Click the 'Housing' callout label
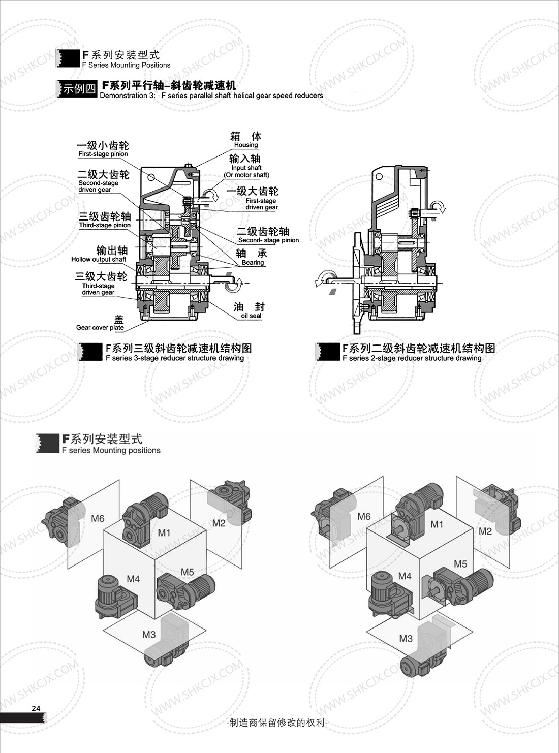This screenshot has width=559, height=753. click(246, 145)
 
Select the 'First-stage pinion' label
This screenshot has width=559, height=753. click(103, 154)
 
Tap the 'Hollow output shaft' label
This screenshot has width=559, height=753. click(99, 259)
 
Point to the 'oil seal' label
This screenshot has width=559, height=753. click(251, 316)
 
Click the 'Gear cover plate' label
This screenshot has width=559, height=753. click(100, 328)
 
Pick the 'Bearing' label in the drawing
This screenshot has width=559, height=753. click(253, 263)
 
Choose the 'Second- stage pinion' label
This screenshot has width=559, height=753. click(268, 240)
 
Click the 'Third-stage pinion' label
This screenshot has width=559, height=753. click(105, 225)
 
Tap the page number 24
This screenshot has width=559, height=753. click(36, 708)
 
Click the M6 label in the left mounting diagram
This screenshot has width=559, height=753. click(98, 518)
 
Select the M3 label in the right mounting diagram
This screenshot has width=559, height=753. click(406, 638)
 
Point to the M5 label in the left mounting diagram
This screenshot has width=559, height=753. click(187, 572)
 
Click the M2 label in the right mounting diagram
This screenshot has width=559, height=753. click(485, 531)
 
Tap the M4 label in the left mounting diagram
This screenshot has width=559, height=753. click(133, 579)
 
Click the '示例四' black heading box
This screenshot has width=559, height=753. click(78, 88)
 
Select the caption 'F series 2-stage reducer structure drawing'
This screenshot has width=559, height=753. click(412, 358)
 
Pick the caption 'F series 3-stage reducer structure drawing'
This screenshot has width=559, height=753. click(175, 358)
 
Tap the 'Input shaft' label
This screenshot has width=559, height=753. click(246, 168)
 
